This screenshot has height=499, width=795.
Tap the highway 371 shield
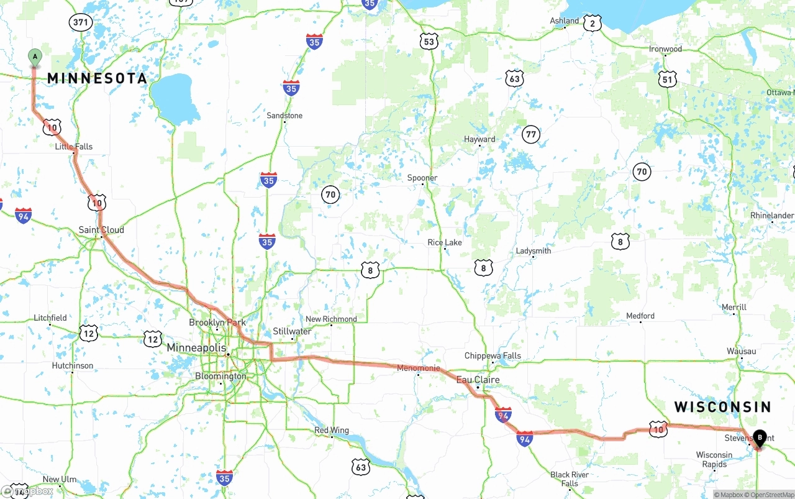[81, 22]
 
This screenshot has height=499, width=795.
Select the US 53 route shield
[429, 42]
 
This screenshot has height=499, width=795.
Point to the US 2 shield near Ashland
[593, 24]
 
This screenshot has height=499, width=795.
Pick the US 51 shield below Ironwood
[667, 79]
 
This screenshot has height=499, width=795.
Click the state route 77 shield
[530, 134]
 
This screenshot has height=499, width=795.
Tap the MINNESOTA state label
[98, 78]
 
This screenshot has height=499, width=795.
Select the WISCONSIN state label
[722, 407]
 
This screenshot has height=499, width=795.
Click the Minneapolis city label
[196, 348]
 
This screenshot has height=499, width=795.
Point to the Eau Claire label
[478, 380]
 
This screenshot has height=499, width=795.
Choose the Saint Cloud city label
[101, 230]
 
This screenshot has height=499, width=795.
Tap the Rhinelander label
[772, 216]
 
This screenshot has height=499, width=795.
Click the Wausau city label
[741, 351]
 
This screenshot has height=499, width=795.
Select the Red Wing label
[332, 430]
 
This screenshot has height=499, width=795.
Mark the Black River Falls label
[569, 479]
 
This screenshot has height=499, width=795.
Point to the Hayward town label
[479, 139]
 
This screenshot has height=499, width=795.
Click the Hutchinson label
[73, 365]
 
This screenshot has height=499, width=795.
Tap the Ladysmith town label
[534, 251]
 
